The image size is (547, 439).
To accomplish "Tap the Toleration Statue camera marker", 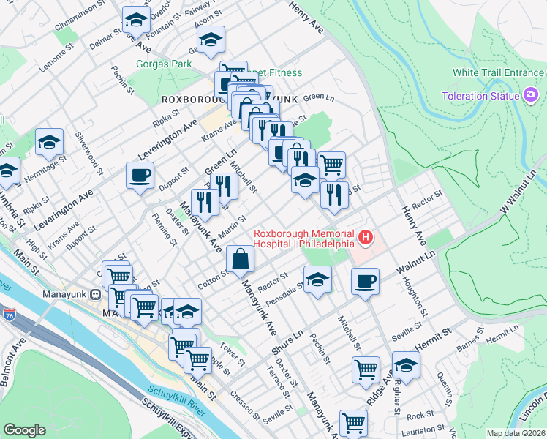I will coord(532,96).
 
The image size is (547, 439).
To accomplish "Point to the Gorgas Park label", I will coord(164,64).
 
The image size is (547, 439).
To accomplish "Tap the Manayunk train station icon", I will coord(94,294).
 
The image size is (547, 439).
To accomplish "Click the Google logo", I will coord(25,430).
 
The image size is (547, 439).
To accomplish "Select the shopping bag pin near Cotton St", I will coord(241,258).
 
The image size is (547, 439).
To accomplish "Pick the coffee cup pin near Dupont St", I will coord(139,175).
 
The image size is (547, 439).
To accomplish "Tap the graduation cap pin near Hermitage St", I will coord(49,142).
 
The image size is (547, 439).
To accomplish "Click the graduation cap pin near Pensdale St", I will coord(317,279).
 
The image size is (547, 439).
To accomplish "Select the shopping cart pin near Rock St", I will coord(353,421).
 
